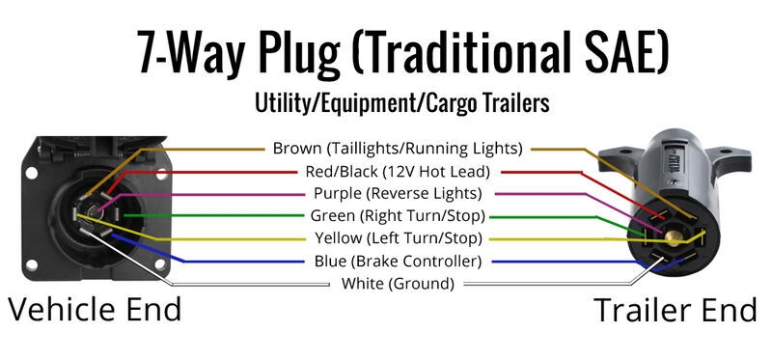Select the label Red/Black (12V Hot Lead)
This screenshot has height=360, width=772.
(397, 171)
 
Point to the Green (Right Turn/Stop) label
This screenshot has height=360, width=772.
(398, 216)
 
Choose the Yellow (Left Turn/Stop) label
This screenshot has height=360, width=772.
(398, 238)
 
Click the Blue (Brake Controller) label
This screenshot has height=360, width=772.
(398, 261)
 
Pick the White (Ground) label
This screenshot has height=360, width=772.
(398, 284)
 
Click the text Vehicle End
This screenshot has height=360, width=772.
(95, 310)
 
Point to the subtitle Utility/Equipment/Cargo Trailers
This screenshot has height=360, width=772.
(401, 101)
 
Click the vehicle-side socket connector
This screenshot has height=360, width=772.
(88, 203)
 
